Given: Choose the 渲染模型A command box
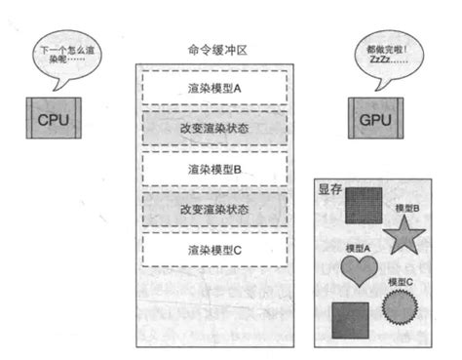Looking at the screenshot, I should [x=214, y=86].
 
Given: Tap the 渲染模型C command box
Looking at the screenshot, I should [x=214, y=250].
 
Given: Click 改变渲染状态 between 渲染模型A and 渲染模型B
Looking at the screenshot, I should [x=214, y=127].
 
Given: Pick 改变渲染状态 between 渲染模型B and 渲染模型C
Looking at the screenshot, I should [x=214, y=208].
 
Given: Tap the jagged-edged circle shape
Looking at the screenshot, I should [x=400, y=307].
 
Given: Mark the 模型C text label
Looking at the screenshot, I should [x=401, y=282].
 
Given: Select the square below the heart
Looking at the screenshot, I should [x=350, y=319].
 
